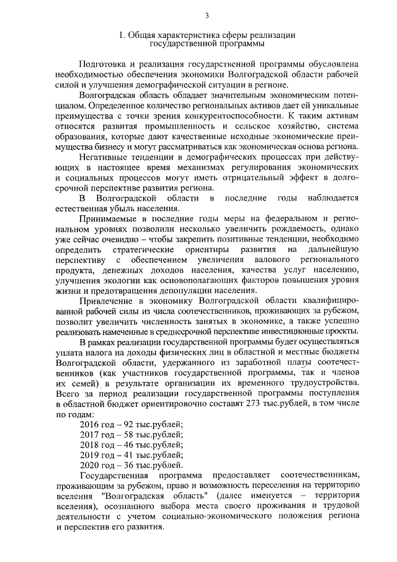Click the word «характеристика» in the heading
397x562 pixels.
[183, 35]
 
